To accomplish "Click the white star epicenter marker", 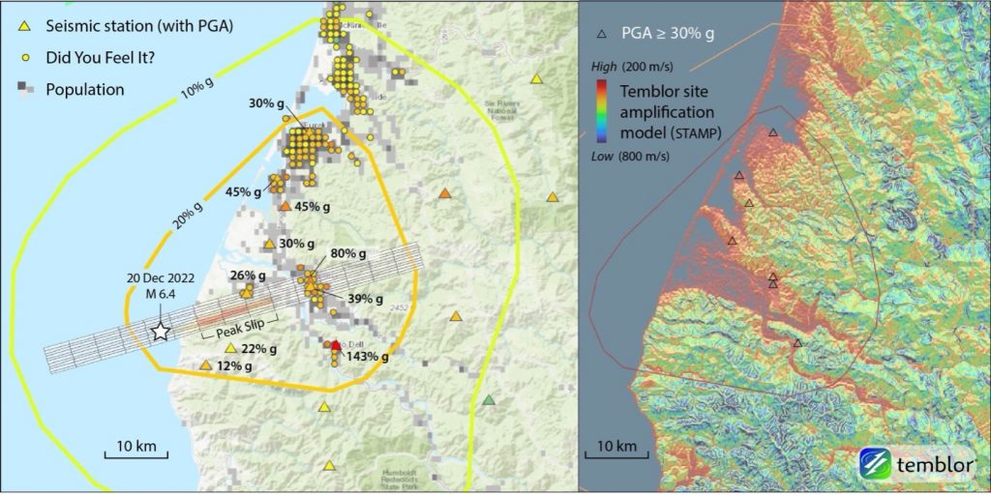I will click(x=161, y=332).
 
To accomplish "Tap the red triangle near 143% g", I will click(x=336, y=345).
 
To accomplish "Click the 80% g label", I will click(x=349, y=254).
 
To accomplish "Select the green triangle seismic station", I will click(x=489, y=399).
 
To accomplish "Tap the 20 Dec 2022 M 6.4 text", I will click(x=161, y=285).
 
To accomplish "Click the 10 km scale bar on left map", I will click(x=136, y=453).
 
